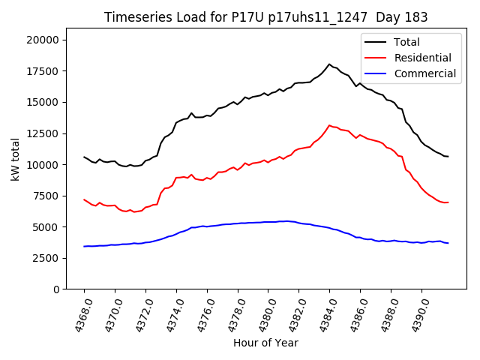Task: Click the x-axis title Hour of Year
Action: click(x=265, y=343)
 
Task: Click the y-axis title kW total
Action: click(x=15, y=163)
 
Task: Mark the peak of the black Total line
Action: click(x=328, y=64)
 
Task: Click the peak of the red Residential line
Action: click(x=329, y=125)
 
